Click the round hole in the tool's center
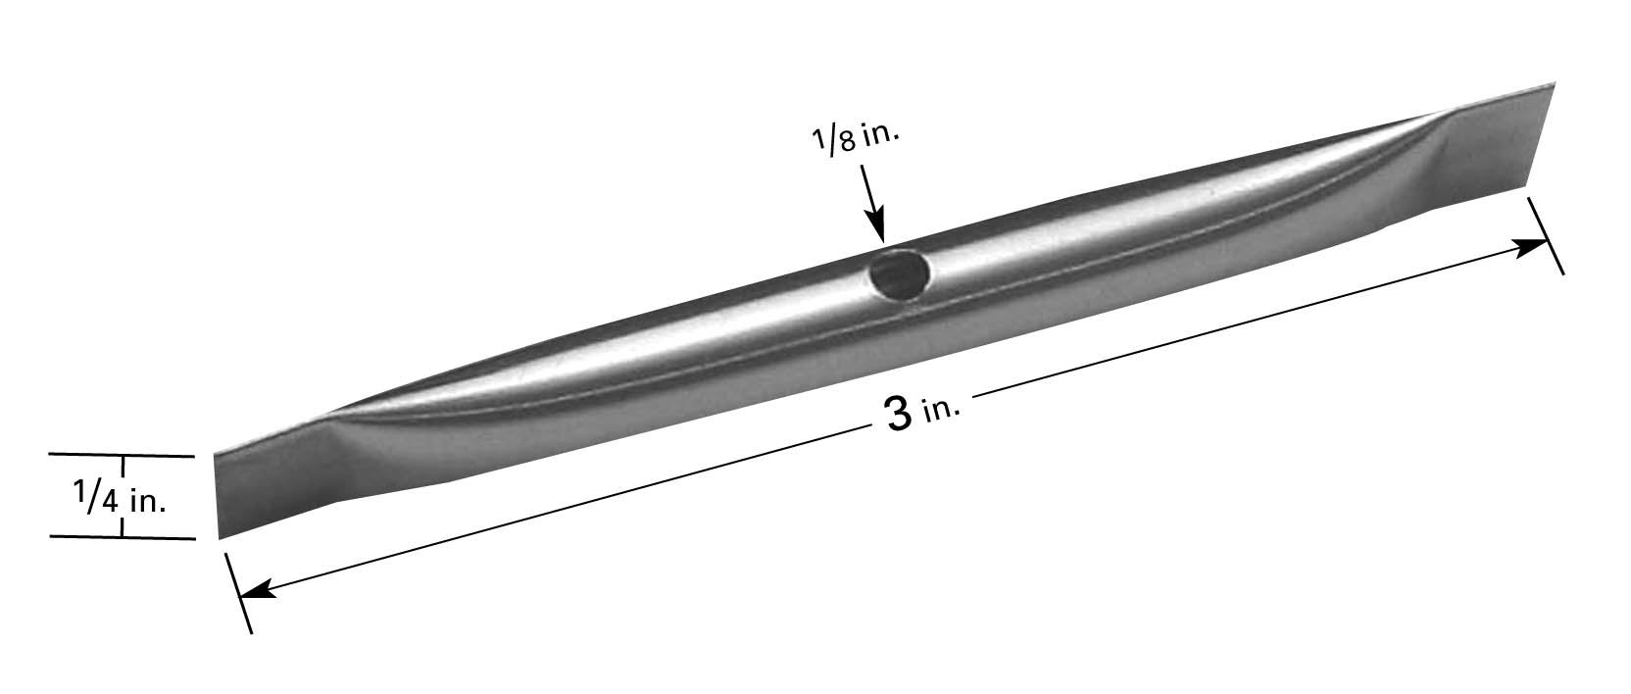899,273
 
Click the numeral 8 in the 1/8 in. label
847,141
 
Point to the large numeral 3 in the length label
899,415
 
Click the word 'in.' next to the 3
942,410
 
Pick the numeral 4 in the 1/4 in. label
109,503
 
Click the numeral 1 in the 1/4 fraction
80,491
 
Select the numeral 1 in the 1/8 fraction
819,136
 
